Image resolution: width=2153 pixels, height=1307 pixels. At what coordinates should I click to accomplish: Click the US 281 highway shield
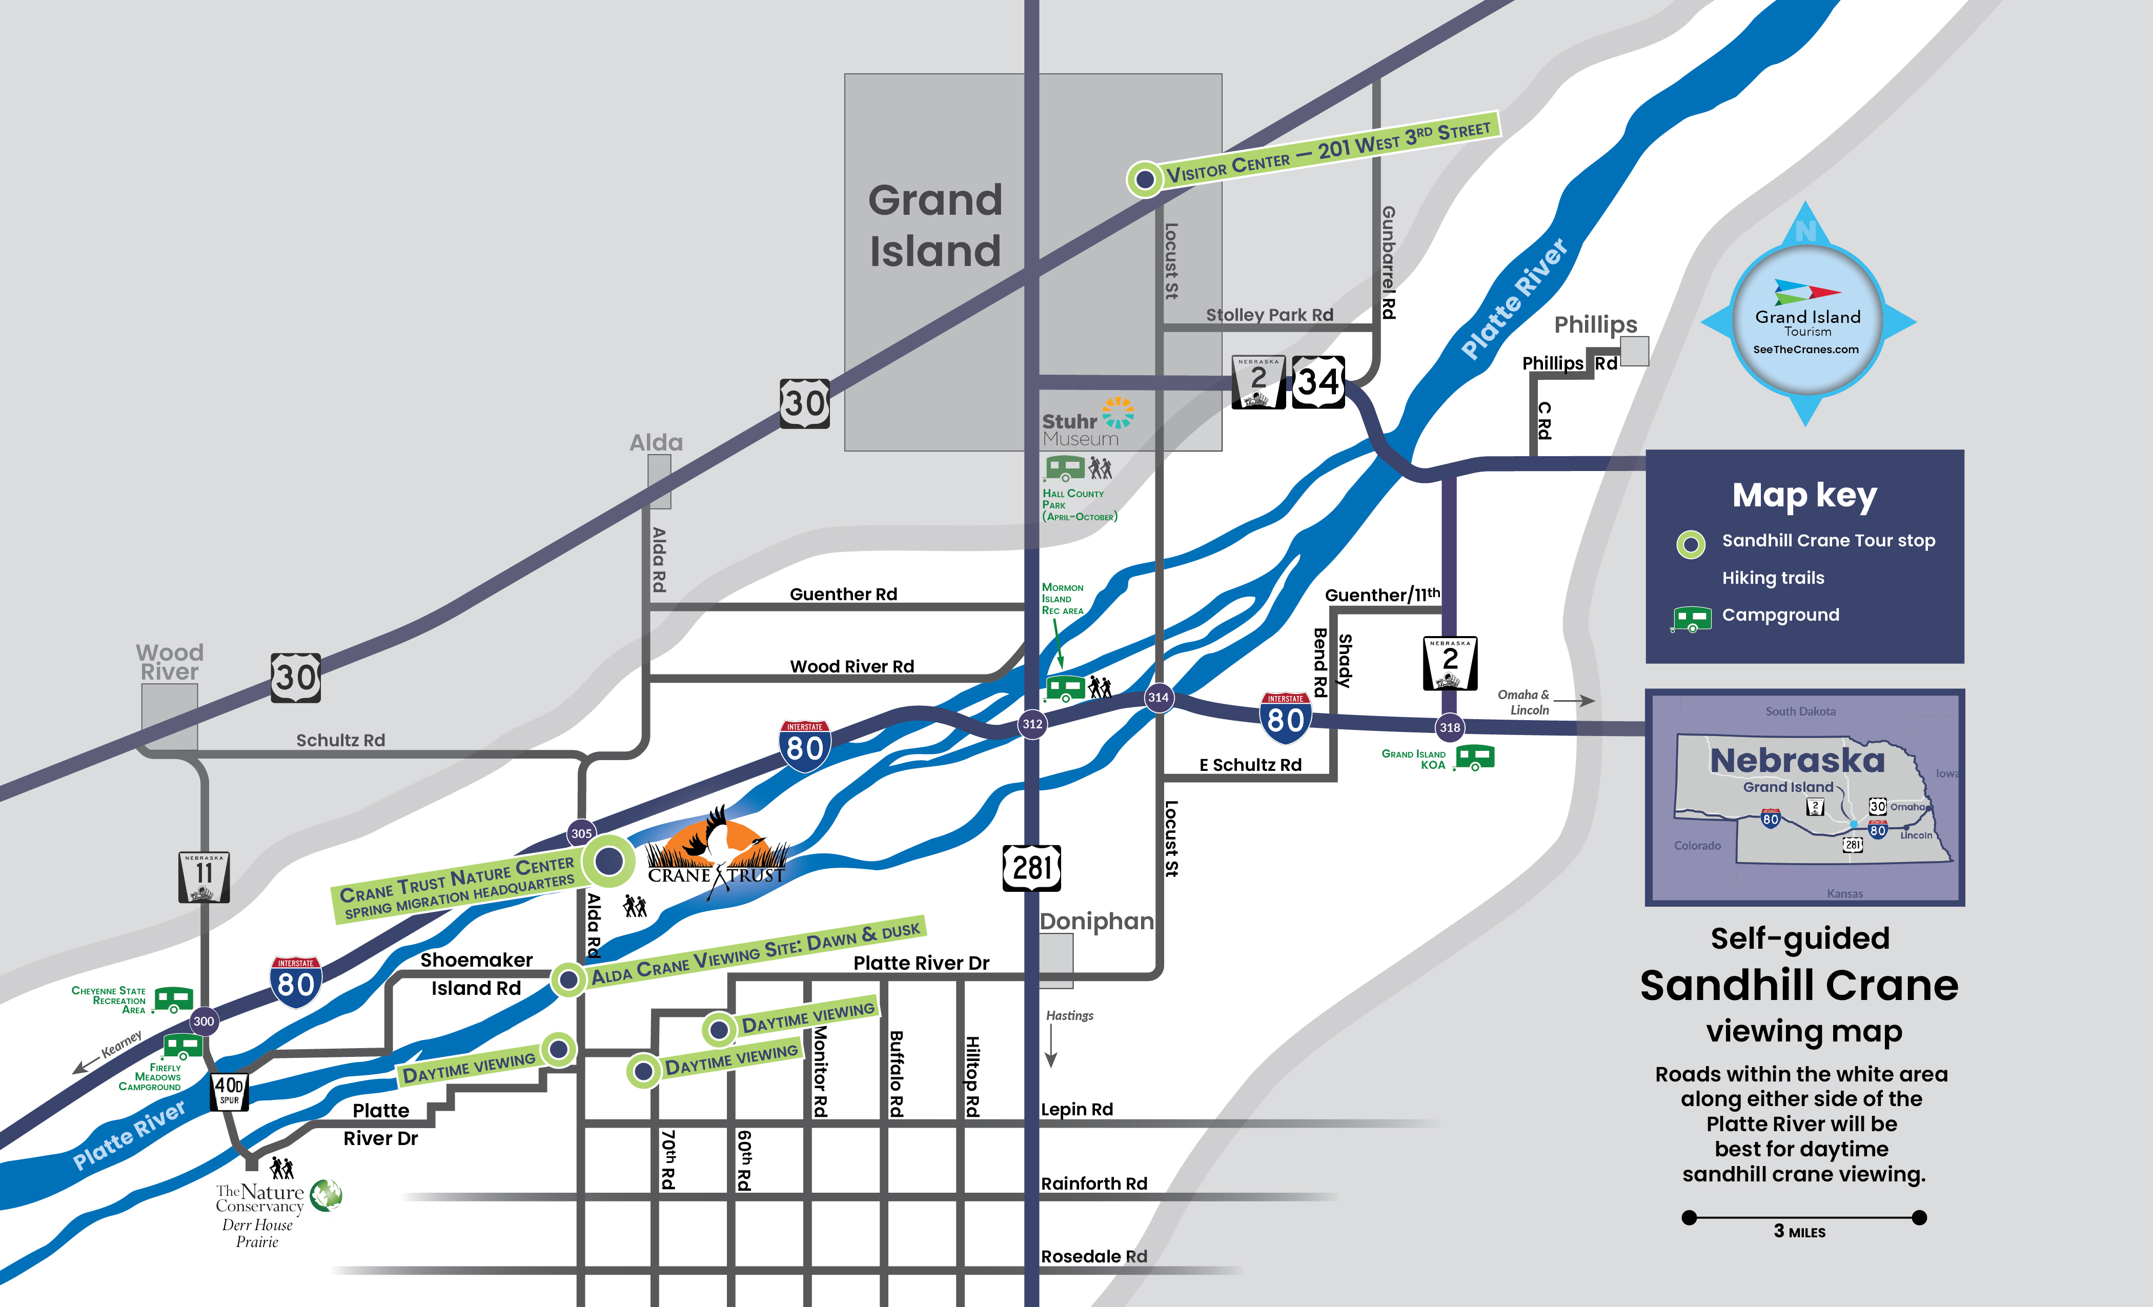[x=1032, y=868]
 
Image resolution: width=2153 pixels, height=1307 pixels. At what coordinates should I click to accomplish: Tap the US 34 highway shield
[x=1317, y=382]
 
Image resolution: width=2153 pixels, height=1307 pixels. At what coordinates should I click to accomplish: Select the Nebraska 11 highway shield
[x=204, y=876]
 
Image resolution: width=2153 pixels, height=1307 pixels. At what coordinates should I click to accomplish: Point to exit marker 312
[x=1032, y=724]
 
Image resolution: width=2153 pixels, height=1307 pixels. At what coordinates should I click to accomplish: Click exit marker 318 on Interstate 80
[x=1450, y=727]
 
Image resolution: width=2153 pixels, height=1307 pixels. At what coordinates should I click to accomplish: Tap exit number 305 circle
[x=581, y=833]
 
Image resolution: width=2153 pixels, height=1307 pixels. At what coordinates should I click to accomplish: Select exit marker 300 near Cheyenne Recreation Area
[x=204, y=1020]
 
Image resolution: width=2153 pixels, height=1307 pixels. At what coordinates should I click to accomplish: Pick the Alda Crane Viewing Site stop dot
[x=568, y=979]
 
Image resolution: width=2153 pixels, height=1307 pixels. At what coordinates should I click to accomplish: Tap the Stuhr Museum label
[x=1080, y=429]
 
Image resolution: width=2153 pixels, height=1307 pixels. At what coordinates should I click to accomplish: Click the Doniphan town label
[x=1096, y=922]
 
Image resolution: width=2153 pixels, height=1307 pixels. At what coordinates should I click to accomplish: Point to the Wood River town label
[x=170, y=662]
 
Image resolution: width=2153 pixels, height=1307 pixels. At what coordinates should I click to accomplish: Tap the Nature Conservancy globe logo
[x=326, y=1195]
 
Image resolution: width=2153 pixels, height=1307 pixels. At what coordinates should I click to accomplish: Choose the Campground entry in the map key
[x=1780, y=615]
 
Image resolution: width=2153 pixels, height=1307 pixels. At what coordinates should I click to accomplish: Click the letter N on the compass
[x=1805, y=232]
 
